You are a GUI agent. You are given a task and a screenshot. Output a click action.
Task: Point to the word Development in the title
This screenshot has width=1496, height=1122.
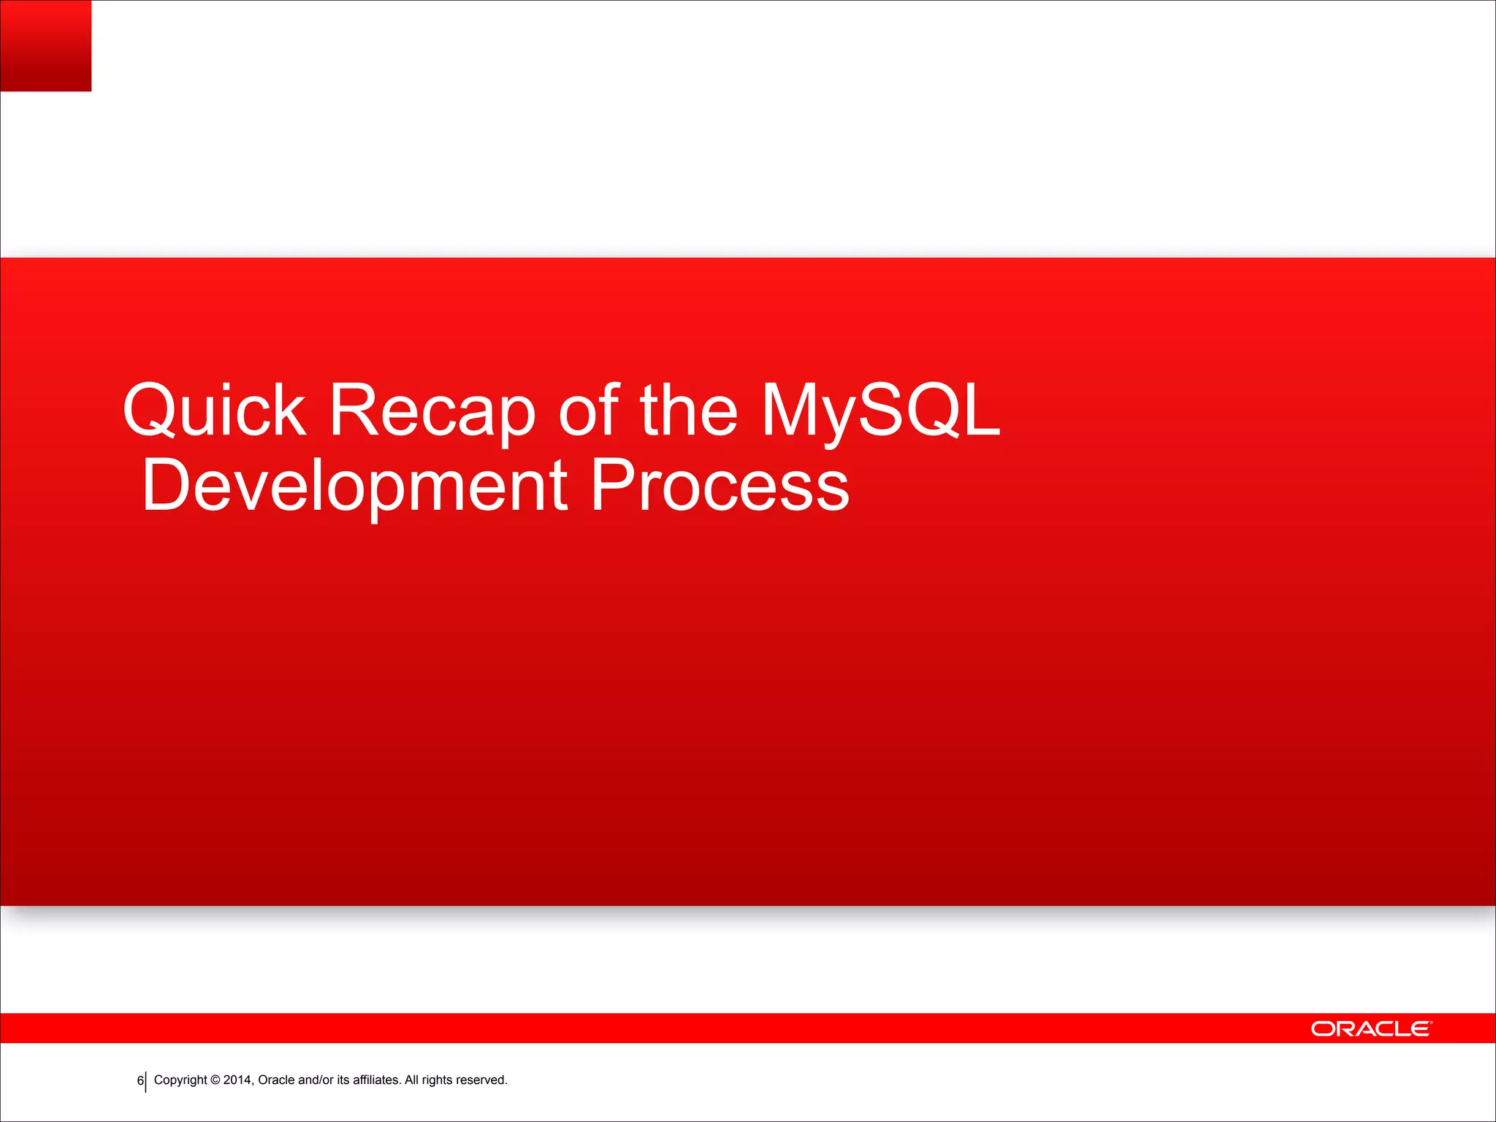(x=354, y=485)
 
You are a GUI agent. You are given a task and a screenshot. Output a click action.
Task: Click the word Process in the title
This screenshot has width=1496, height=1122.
(x=720, y=485)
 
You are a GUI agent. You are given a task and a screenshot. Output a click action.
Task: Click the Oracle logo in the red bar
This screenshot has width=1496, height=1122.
(x=1371, y=1028)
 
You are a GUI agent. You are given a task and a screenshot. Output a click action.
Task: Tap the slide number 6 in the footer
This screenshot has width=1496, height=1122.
(x=140, y=1080)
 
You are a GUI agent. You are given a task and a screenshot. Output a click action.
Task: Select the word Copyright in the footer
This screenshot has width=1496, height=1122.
(x=180, y=1080)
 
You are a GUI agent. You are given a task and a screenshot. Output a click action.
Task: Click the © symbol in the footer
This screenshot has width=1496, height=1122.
(x=215, y=1080)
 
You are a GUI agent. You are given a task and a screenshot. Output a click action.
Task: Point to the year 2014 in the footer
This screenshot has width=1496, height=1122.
(x=237, y=1080)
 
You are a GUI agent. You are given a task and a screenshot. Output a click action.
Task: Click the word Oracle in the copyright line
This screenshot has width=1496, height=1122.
(x=276, y=1080)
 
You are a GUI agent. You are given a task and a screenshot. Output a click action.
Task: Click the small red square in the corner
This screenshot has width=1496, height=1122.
(x=45, y=45)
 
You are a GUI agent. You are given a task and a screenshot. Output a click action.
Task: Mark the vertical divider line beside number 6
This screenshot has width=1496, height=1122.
(x=146, y=1081)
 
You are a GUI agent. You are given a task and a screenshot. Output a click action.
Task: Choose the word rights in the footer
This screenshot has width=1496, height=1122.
(x=437, y=1080)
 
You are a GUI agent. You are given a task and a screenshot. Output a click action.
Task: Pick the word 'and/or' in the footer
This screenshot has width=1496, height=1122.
(x=316, y=1080)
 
